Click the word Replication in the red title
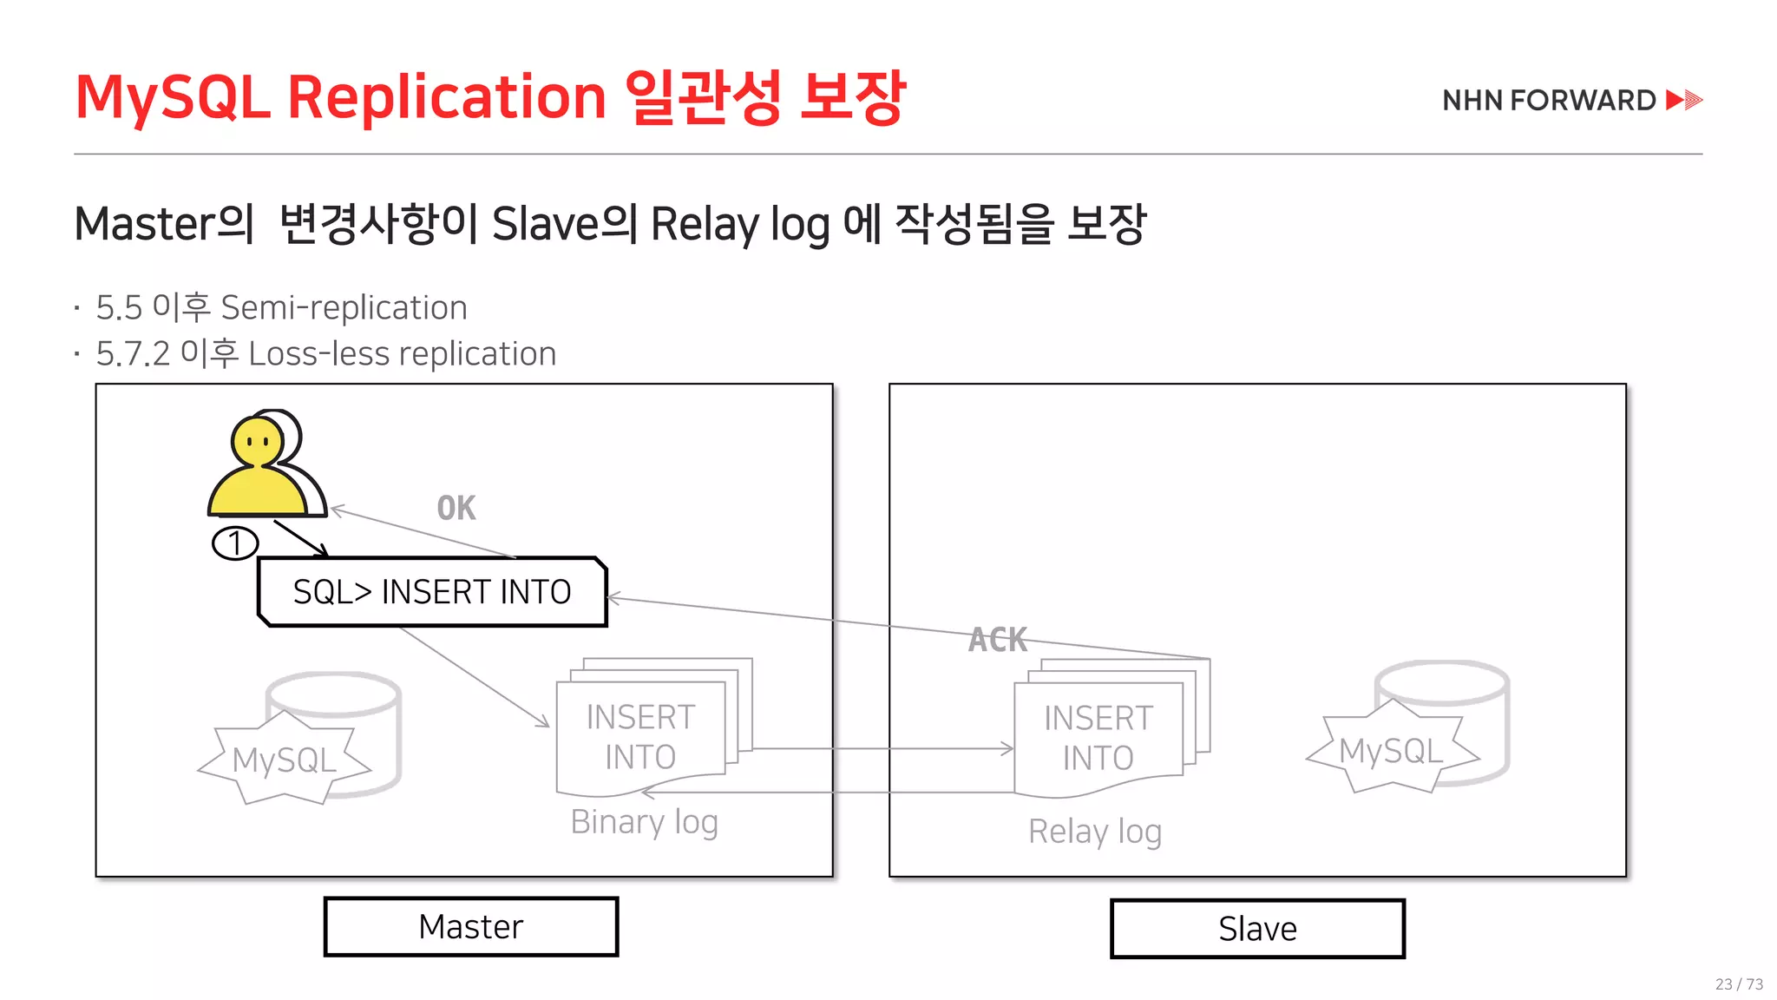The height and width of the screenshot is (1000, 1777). pyautogui.click(x=446, y=97)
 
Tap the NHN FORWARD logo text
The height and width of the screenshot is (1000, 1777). pyautogui.click(x=1549, y=101)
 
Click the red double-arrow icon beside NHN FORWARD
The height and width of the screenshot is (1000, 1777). pyautogui.click(x=1684, y=100)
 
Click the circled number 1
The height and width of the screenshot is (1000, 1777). pyautogui.click(x=235, y=543)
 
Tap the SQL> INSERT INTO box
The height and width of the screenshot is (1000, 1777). pyautogui.click(x=432, y=592)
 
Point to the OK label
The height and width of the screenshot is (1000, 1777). pyautogui.click(x=456, y=508)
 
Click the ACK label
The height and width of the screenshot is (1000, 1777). pyautogui.click(x=998, y=640)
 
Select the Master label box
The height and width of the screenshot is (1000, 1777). pyautogui.click(x=471, y=927)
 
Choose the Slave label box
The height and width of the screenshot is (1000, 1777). pyautogui.click(x=1257, y=929)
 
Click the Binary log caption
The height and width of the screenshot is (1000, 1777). pyautogui.click(x=644, y=821)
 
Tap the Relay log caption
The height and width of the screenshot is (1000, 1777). pyautogui.click(x=1095, y=832)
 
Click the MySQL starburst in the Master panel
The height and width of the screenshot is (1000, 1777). pyautogui.click(x=284, y=760)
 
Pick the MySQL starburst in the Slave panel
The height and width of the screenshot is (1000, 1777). pyautogui.click(x=1391, y=751)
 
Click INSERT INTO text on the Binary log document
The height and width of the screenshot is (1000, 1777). pyautogui.click(x=640, y=737)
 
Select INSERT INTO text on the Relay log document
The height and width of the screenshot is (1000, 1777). pyautogui.click(x=1098, y=738)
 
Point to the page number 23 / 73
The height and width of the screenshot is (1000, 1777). pyautogui.click(x=1739, y=984)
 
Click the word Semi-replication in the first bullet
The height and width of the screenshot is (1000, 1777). pyautogui.click(x=344, y=308)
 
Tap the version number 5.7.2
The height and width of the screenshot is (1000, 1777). pyautogui.click(x=133, y=354)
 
